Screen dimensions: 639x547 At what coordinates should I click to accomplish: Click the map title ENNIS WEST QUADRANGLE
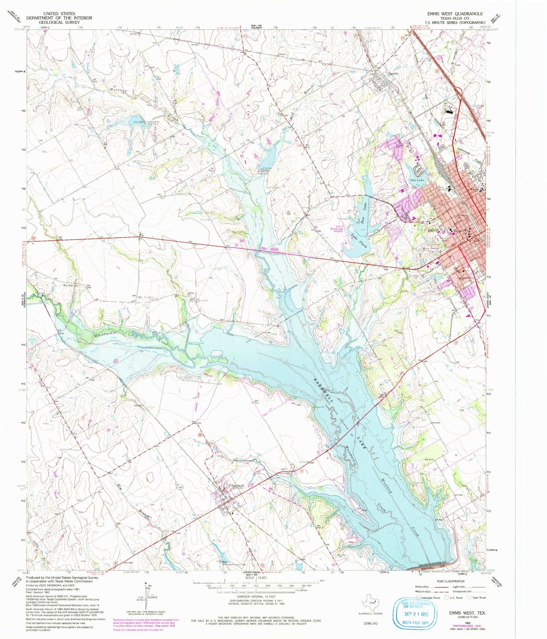[455, 14]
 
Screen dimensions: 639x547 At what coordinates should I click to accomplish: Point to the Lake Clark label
[359, 241]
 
